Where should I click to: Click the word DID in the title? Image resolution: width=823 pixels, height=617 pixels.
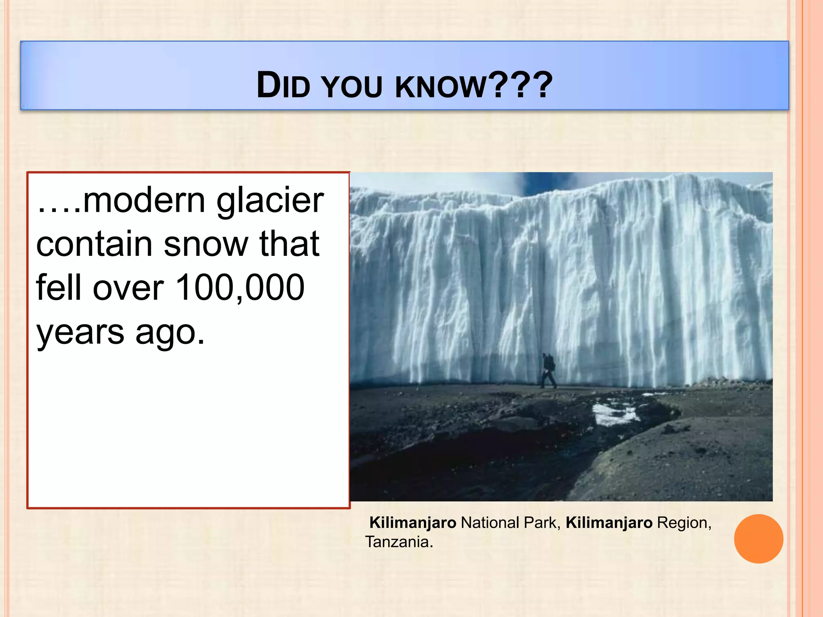[x=283, y=86]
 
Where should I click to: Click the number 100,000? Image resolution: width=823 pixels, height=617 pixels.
[x=240, y=288]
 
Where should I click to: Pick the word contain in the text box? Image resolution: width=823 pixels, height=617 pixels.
[x=94, y=244]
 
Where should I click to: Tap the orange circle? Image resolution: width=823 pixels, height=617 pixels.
[x=758, y=539]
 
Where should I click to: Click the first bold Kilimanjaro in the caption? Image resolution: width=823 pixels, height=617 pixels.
[x=413, y=523]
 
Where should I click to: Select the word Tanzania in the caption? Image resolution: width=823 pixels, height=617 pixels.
[x=398, y=542]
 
